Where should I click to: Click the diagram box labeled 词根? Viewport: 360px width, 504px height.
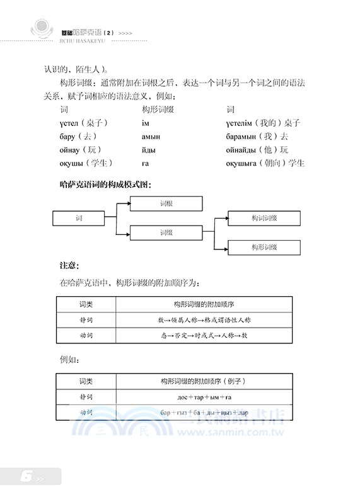pos(166,203)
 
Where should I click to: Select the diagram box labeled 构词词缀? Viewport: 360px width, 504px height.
pos(264,218)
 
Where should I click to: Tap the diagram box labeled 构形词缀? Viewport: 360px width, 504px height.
pos(264,247)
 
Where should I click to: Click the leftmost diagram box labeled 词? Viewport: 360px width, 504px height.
pos(79,218)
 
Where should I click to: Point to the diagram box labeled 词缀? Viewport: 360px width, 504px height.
pos(166,232)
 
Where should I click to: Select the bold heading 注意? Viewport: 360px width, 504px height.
pos(69,265)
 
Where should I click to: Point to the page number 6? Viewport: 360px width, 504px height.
pos(26,477)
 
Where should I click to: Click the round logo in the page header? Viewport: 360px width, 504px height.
pos(42,28)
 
